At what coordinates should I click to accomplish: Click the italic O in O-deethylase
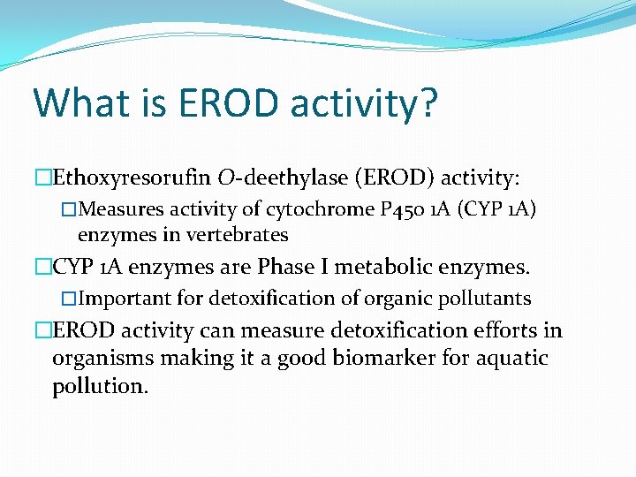(225, 179)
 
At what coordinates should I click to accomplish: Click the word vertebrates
(245, 235)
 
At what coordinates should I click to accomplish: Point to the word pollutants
(487, 298)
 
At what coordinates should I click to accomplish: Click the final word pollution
(100, 387)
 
